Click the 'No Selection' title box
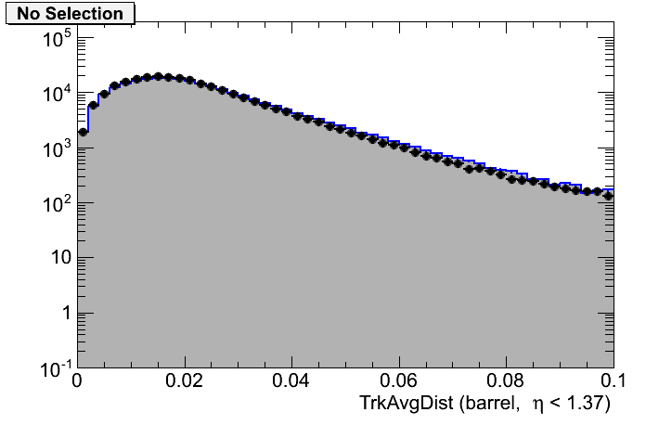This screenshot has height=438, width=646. tap(70, 14)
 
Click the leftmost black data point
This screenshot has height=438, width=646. tap(83, 132)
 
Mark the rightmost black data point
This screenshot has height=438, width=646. tap(609, 196)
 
